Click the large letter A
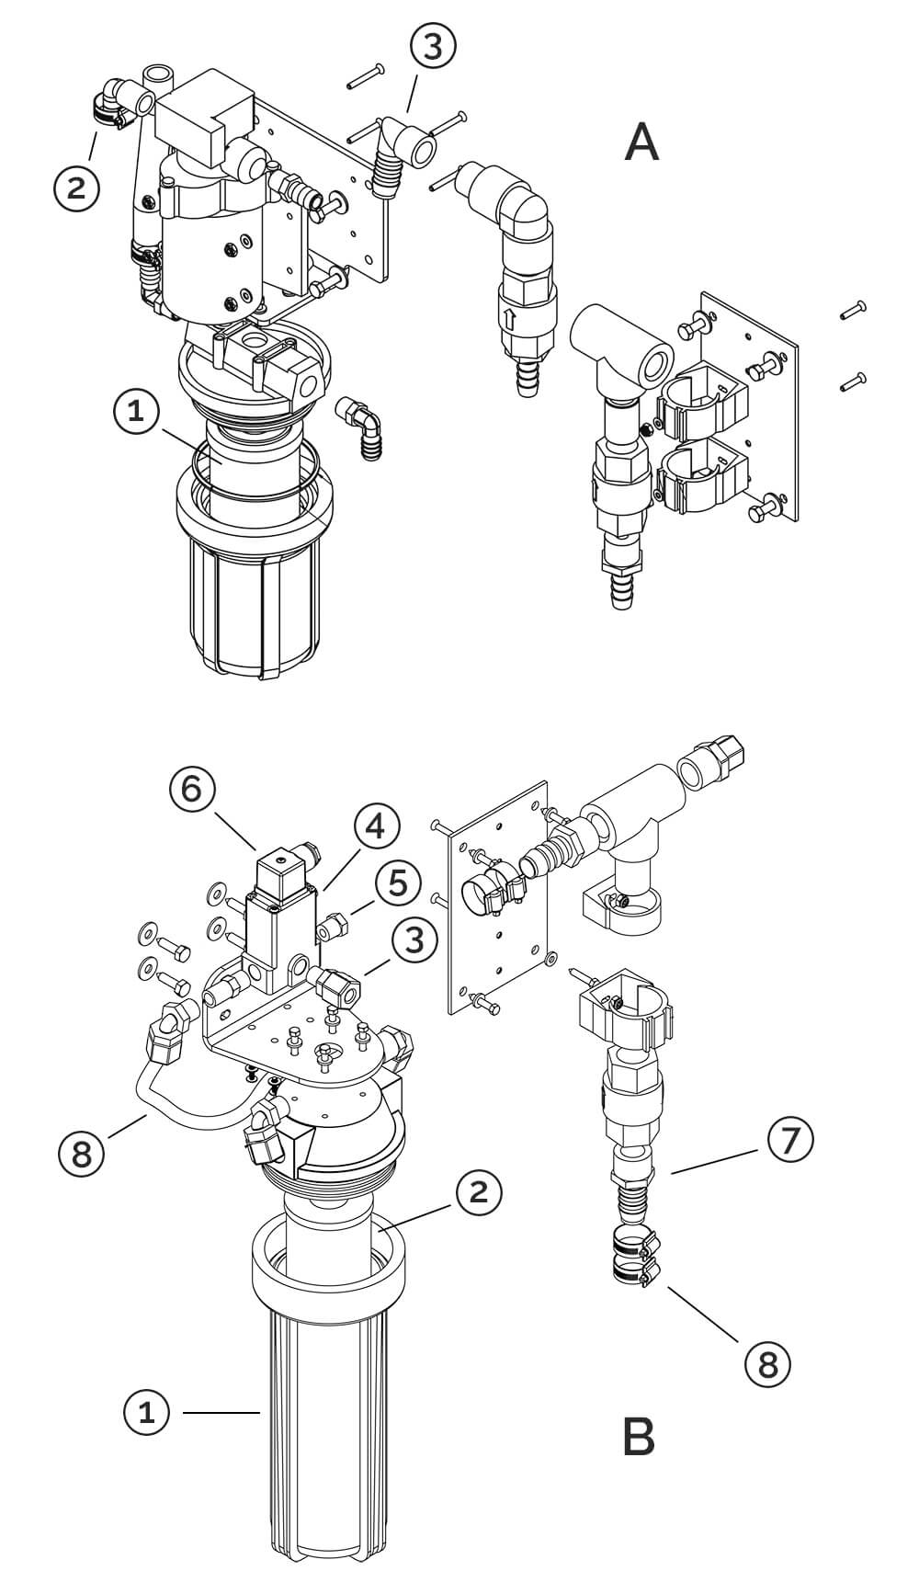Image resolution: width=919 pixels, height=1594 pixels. coord(641,142)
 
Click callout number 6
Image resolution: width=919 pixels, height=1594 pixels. coord(190,790)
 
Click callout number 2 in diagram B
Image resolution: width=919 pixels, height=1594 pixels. coord(479,1192)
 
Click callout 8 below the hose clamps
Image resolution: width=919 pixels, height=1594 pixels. coord(766,1364)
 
